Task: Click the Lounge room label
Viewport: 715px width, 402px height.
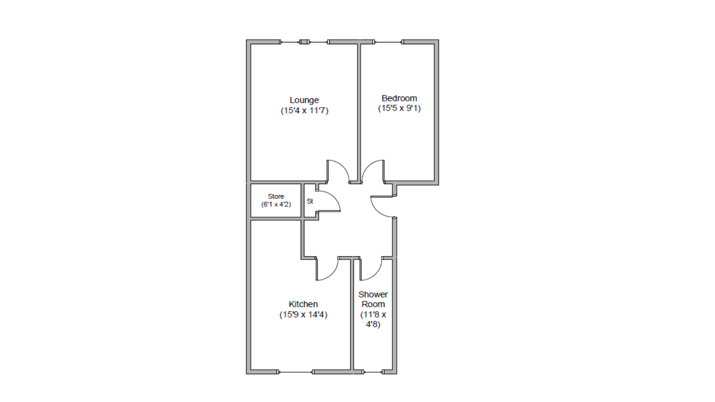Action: (x=304, y=100)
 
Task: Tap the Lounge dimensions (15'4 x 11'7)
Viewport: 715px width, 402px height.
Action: (x=304, y=110)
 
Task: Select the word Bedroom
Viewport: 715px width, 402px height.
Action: (x=399, y=98)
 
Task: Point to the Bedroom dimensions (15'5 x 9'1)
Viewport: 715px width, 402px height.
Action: (x=399, y=108)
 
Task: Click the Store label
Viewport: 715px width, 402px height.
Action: (x=276, y=197)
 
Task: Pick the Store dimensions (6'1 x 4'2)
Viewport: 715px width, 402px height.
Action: (x=276, y=205)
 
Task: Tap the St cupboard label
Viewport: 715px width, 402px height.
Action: (x=310, y=201)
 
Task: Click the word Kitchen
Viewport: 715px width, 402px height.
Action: (x=303, y=304)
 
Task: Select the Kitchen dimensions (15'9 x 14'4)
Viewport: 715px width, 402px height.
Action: (x=303, y=314)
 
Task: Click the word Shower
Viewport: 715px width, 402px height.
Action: (x=373, y=294)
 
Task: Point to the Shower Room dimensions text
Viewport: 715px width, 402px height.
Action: (x=373, y=319)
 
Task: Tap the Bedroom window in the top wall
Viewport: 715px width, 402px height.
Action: (x=388, y=42)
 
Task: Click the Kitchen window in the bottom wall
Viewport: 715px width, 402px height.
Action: (x=295, y=372)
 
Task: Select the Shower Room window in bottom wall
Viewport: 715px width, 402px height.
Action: (x=373, y=372)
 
